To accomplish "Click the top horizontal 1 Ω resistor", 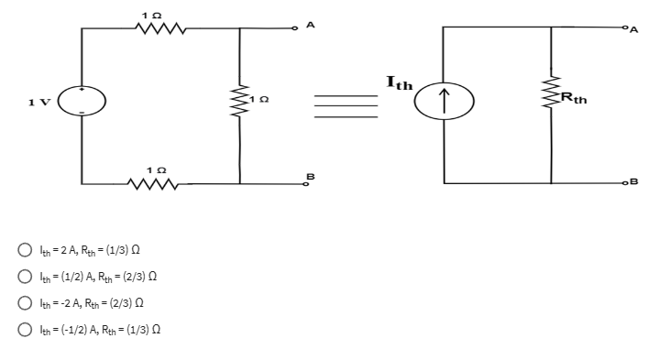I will pyautogui.click(x=161, y=27).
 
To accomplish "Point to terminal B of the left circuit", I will pyautogui.click(x=309, y=183).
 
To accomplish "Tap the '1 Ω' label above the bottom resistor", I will pyautogui.click(x=159, y=167).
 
